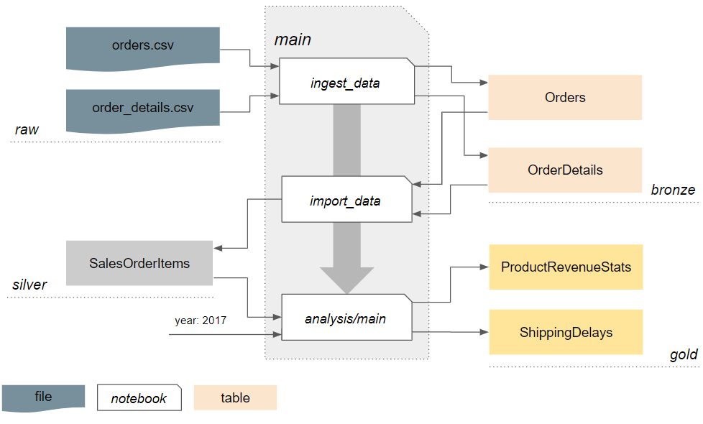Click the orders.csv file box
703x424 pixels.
tap(142, 47)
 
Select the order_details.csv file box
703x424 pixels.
tap(142, 109)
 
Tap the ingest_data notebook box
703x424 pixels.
tap(346, 81)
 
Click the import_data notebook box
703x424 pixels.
tap(346, 199)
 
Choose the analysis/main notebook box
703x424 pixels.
tap(346, 317)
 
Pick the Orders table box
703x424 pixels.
tap(564, 98)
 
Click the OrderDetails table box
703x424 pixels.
tap(564, 170)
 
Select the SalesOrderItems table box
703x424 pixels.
tap(139, 263)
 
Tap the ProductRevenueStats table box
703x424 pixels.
tap(566, 267)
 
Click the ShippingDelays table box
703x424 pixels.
tap(566, 332)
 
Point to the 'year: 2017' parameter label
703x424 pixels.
tap(200, 321)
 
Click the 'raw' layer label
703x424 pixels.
tap(27, 130)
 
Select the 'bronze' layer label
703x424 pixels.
tap(673, 190)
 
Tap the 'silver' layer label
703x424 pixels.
tap(29, 285)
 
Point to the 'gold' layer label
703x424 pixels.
tap(683, 355)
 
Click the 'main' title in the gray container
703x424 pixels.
tap(293, 40)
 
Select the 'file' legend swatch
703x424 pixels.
tap(43, 397)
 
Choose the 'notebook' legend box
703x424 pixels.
tap(139, 398)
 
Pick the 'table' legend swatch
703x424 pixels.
tap(235, 397)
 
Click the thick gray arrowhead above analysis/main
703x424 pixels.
tap(346, 280)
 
